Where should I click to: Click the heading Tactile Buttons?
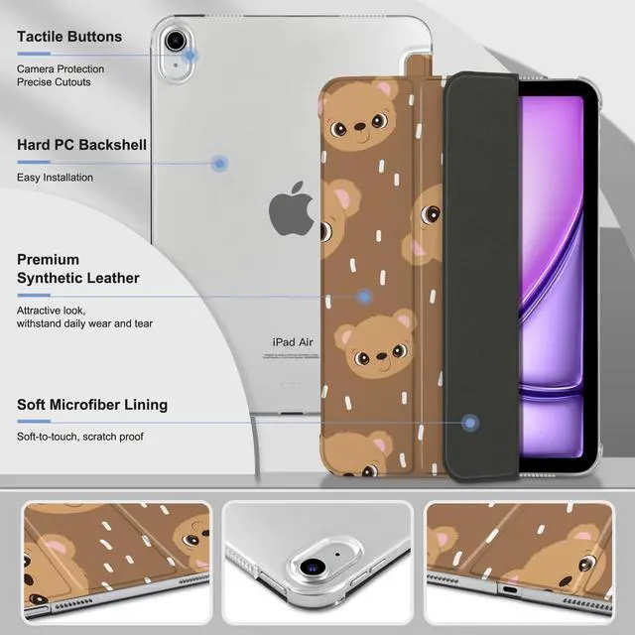tap(69, 37)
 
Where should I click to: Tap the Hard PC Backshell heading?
tap(81, 145)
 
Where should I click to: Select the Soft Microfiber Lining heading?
tap(92, 405)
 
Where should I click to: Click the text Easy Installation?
tap(55, 178)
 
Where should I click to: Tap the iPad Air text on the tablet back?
tap(293, 341)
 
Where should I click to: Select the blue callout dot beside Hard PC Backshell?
tap(220, 164)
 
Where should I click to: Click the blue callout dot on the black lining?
tap(470, 424)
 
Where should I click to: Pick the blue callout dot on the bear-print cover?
tap(364, 296)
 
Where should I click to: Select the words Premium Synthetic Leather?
tap(78, 269)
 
